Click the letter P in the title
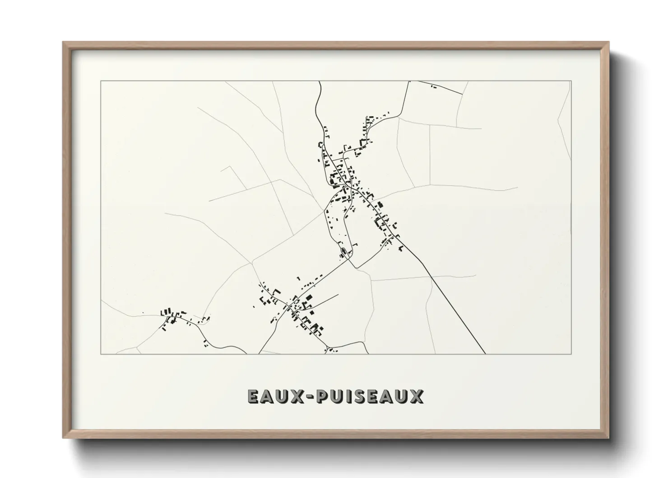(323, 396)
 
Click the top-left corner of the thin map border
(101, 81)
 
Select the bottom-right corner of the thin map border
(571, 354)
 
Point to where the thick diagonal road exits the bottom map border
(485, 354)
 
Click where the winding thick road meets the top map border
(319, 81)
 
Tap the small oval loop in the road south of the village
(344, 251)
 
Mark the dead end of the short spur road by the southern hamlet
(338, 295)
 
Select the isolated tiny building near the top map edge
(434, 86)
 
